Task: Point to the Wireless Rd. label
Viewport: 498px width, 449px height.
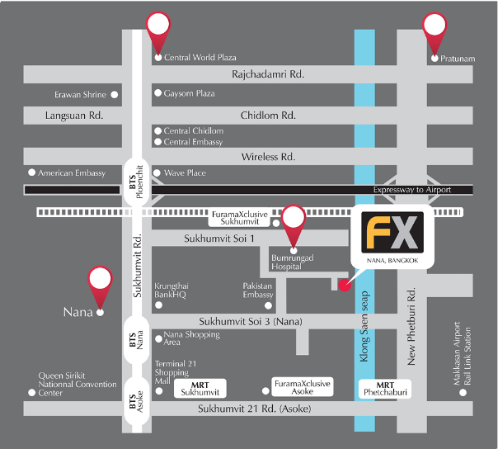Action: click(x=268, y=157)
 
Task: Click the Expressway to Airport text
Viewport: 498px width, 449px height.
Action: click(x=435, y=190)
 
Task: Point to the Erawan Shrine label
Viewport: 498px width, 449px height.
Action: click(x=81, y=95)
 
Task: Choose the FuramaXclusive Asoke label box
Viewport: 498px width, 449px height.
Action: click(x=302, y=388)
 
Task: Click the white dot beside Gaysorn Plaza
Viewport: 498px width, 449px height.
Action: click(x=158, y=94)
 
